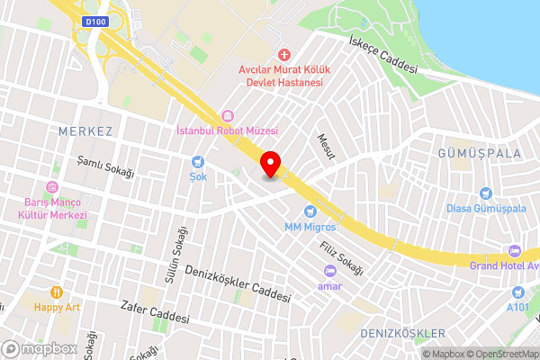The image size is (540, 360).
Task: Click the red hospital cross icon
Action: pyautogui.click(x=284, y=56)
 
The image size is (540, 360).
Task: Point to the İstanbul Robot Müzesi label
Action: pyautogui.click(x=226, y=131)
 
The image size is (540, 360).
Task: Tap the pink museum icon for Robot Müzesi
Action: pyautogui.click(x=227, y=116)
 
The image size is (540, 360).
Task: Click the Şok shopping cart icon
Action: pyautogui.click(x=198, y=162)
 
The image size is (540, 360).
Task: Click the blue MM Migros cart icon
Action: pyautogui.click(x=310, y=211)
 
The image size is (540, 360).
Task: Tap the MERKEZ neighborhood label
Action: pyautogui.click(x=85, y=131)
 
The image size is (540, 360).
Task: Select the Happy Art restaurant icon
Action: pyautogui.click(x=56, y=292)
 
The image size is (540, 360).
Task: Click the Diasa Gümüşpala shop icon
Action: pyautogui.click(x=486, y=193)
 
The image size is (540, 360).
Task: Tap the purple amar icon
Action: pyautogui.click(x=330, y=271)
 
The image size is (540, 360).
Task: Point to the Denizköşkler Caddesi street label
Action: pyautogui.click(x=238, y=283)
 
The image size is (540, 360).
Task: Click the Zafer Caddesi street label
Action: pyautogui.click(x=155, y=312)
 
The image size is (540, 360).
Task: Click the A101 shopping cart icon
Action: pyautogui.click(x=517, y=292)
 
